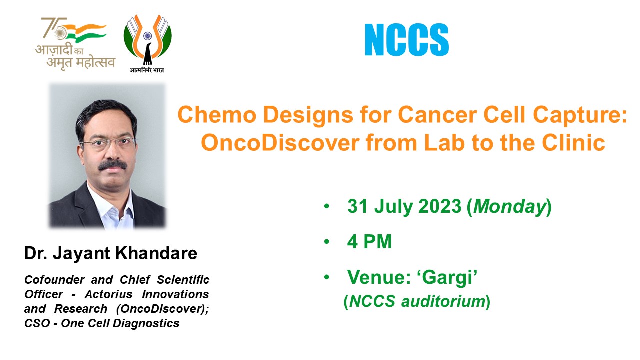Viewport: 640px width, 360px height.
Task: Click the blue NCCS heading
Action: pos(406,39)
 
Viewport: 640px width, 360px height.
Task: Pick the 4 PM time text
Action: pos(369,242)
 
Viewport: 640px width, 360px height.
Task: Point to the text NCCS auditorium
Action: pos(417,301)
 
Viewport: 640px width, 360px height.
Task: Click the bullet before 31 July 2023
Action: pos(327,207)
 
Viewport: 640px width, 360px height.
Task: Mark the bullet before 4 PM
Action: pos(327,242)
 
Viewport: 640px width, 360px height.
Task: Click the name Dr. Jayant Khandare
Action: pos(111,253)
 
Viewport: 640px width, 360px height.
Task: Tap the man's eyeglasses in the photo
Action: pos(108,142)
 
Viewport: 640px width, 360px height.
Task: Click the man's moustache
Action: pos(112,164)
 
